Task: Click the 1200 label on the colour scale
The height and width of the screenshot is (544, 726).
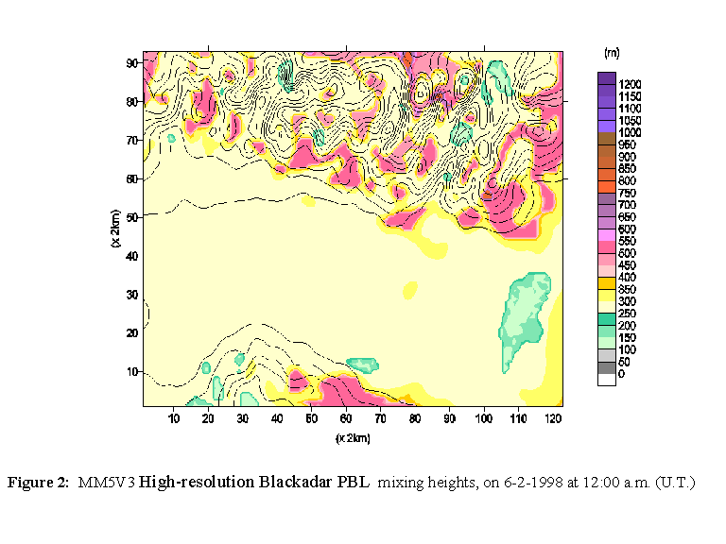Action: coord(629,84)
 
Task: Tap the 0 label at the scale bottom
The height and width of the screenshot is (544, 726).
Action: coord(621,375)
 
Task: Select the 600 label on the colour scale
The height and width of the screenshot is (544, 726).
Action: coord(627,229)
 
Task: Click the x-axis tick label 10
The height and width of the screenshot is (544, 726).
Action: coord(175,417)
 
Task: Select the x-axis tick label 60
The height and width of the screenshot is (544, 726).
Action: coord(347,417)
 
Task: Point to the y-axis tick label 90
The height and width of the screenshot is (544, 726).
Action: coord(134,62)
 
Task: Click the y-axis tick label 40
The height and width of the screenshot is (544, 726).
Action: coord(134,256)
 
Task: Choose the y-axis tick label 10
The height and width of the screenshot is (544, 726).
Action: coord(134,371)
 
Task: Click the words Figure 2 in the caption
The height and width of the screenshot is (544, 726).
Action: coord(38,483)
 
